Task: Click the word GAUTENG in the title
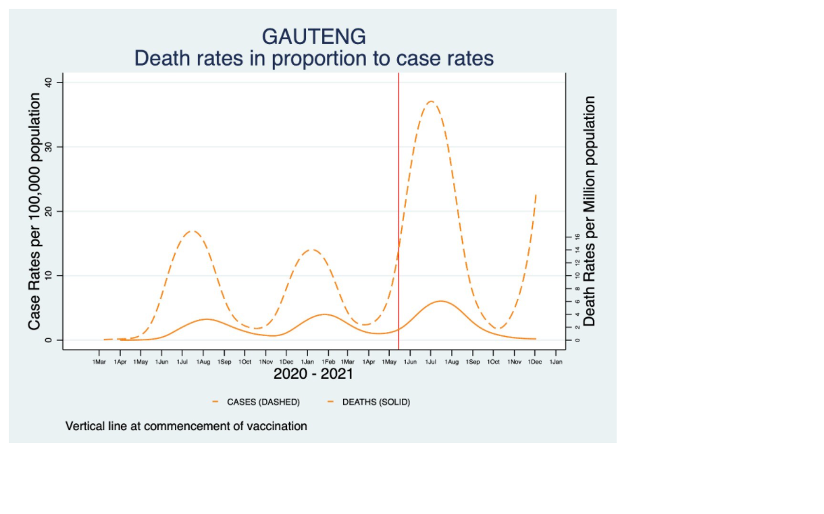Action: click(x=314, y=36)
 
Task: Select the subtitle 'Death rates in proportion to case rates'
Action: click(x=314, y=58)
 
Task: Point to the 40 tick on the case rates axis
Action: click(x=49, y=83)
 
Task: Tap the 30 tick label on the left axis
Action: click(x=49, y=147)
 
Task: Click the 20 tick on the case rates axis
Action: click(x=49, y=211)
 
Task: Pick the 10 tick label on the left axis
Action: click(x=49, y=275)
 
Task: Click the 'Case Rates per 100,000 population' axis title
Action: click(x=34, y=211)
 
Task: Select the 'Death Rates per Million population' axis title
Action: click(x=590, y=211)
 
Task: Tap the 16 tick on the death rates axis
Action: click(x=577, y=237)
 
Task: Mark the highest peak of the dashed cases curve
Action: click(x=430, y=101)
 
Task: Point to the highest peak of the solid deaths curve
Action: click(x=440, y=301)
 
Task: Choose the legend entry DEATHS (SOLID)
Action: click(x=376, y=402)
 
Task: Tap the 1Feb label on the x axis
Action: click(x=328, y=363)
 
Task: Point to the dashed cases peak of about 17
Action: click(x=192, y=231)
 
